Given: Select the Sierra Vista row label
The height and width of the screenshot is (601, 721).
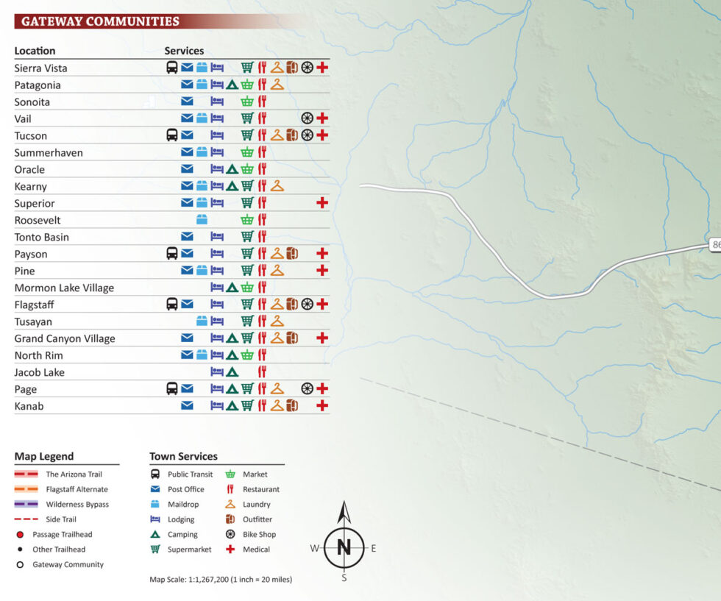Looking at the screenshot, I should pos(40,68).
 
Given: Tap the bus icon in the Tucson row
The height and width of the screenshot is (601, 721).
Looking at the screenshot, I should pos(171,135).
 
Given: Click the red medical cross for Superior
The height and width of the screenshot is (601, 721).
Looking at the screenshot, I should pos(322,203).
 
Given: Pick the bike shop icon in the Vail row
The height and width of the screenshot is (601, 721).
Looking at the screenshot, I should pos(307,118).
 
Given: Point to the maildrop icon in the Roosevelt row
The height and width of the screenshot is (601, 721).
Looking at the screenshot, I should pos(202,220).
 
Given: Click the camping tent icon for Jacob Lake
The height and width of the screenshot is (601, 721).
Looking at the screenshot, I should pos(232,372).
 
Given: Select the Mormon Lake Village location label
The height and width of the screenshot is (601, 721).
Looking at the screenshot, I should pos(64,288).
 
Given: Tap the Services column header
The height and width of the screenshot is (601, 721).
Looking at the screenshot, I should pos(184,51).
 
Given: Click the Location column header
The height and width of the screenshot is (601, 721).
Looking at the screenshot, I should pos(35,51).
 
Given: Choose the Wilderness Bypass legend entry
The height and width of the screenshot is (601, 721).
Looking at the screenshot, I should pos(77,505).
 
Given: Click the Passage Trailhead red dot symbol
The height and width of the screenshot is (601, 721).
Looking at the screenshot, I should pos(20,535).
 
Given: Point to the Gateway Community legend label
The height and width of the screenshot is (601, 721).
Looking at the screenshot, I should pos(68,565).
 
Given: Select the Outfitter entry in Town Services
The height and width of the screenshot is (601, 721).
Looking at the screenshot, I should pos(257,519).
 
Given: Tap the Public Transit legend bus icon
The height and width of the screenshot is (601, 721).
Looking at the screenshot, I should pos(155,474).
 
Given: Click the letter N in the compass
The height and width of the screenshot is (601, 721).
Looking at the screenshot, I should pos(344,547).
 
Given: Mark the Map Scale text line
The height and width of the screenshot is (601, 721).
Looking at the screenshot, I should pos(221,580).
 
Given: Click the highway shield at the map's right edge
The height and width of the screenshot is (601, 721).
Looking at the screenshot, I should pos(715,245).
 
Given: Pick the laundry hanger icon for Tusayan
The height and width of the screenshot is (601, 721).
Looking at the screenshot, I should pos(277,321).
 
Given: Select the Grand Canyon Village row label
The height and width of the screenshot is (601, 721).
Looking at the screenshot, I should pos(65,338).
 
